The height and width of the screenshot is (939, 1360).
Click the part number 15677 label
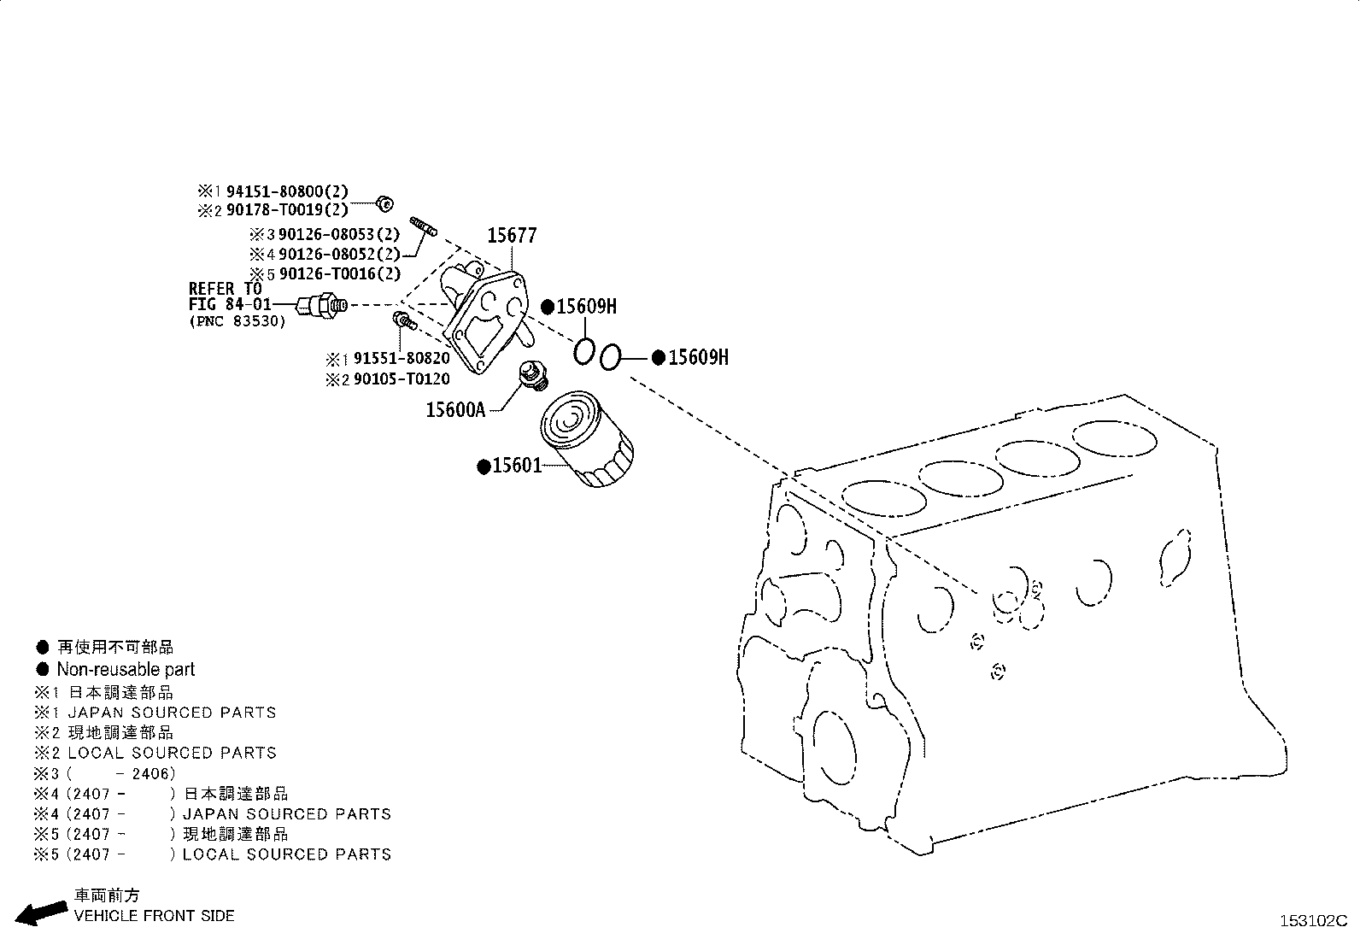pos(512,235)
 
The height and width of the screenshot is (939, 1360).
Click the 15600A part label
pos(455,410)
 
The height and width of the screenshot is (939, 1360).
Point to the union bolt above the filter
pos(532,375)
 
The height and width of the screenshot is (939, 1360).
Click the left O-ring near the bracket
pos(583,350)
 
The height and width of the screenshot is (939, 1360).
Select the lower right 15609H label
pos(697,358)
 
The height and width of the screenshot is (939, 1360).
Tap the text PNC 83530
pos(237,321)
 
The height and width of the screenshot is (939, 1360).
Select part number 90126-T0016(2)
pos(339,273)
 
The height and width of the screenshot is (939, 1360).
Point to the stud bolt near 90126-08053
pos(424,226)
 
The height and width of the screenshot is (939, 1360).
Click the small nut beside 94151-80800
pos(384,202)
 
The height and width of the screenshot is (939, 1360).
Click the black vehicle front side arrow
pos(42,913)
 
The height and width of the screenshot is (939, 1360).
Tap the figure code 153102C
pos(1311,921)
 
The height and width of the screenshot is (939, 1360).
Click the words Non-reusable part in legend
pos(126,670)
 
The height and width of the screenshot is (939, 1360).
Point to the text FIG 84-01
pos(230,304)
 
